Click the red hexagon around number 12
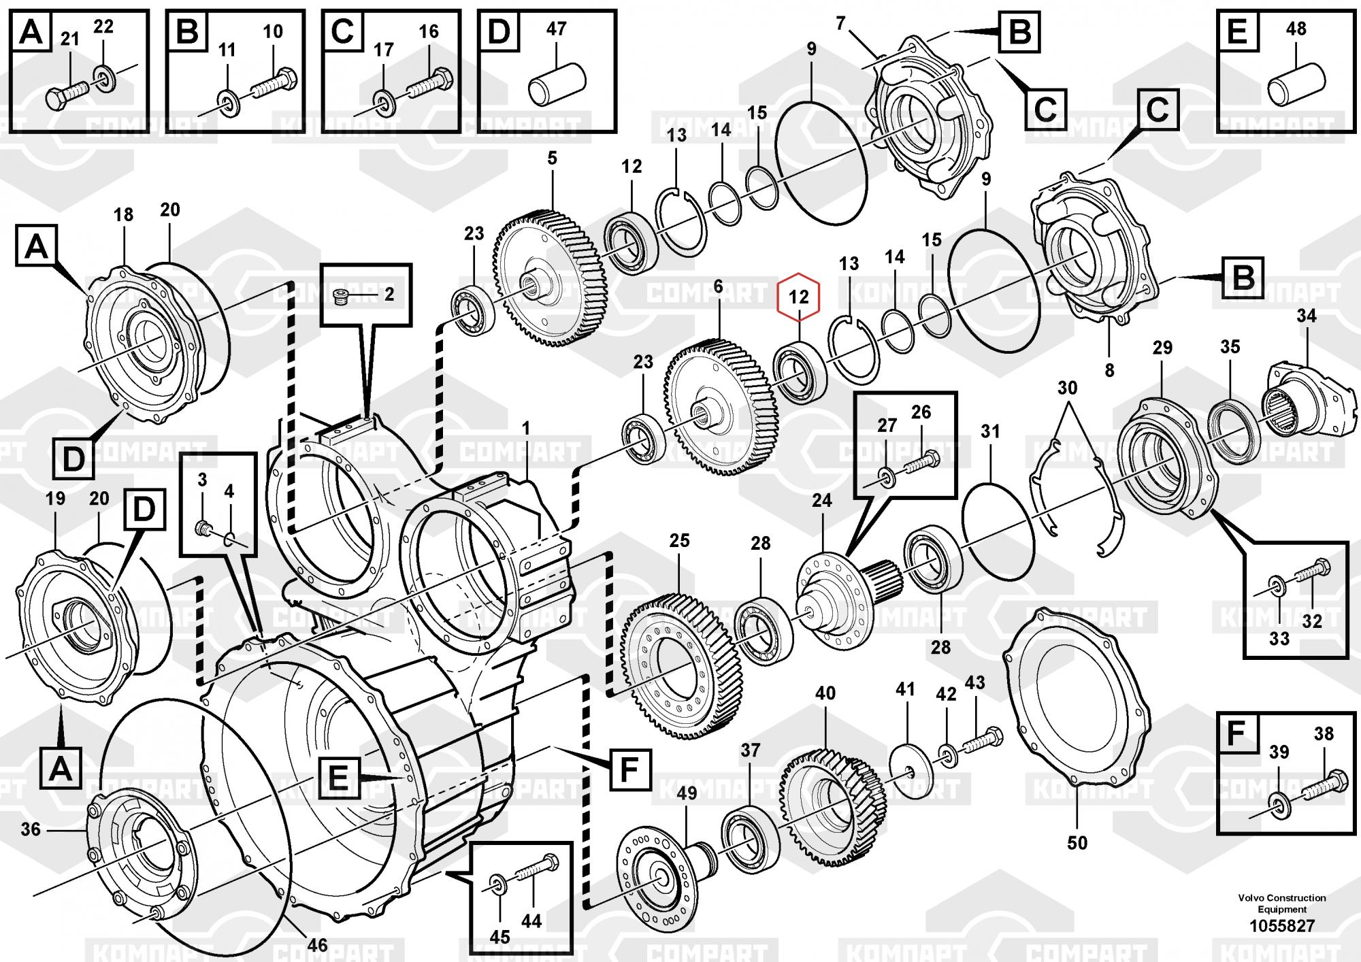[799, 297]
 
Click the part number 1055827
[1281, 925]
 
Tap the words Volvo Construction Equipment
[1282, 903]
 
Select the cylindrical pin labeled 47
[557, 84]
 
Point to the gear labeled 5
[548, 279]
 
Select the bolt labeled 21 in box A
[65, 94]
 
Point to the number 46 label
[317, 944]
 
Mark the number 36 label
[31, 829]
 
